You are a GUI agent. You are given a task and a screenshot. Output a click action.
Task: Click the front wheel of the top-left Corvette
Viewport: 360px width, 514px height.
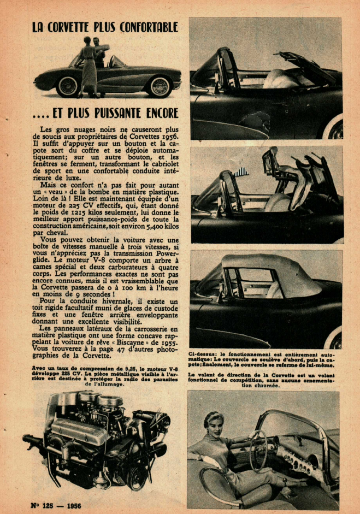coord(68,86)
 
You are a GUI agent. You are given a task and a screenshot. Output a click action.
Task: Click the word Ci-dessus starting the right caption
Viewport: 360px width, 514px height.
coord(203,355)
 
